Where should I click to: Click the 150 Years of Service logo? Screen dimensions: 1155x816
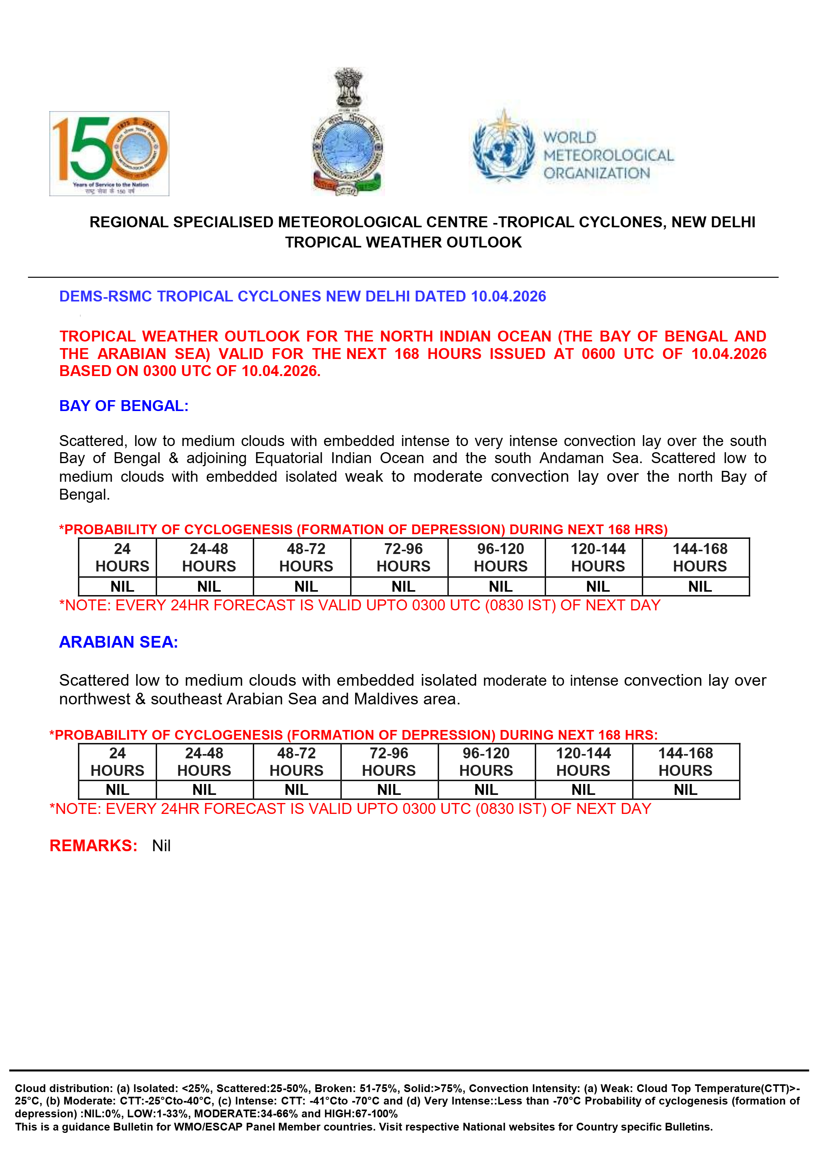(109, 153)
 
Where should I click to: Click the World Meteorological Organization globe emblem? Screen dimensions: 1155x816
(504, 146)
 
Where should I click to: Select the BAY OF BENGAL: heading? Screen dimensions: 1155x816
(124, 406)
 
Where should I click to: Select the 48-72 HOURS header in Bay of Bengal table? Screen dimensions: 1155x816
(306, 557)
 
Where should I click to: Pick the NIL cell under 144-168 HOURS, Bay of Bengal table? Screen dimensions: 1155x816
(700, 587)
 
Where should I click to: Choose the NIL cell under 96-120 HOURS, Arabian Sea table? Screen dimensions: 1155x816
(486, 790)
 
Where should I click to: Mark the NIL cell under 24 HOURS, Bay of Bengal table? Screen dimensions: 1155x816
(122, 587)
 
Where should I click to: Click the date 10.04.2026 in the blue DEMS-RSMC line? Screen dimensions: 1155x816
(508, 296)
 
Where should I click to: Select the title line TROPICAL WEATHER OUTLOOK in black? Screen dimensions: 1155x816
(403, 242)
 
